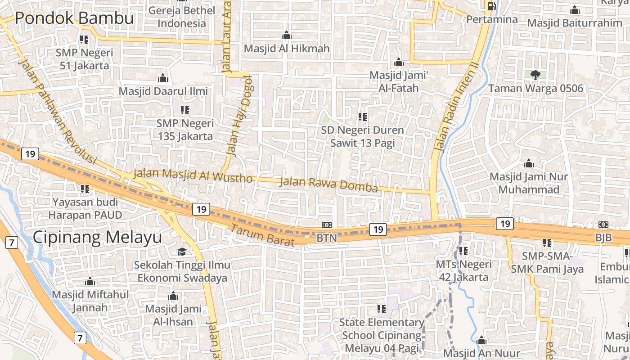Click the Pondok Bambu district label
click(75, 18)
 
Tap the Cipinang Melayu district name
click(97, 237)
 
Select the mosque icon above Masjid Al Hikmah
click(287, 36)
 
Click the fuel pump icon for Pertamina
click(491, 6)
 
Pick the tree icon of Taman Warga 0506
click(535, 75)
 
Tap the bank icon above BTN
click(327, 225)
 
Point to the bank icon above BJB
click(603, 225)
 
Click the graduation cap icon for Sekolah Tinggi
click(182, 252)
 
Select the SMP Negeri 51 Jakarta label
click(85, 59)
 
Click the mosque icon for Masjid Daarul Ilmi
click(163, 78)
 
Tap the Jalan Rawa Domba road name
click(328, 184)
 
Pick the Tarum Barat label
click(263, 235)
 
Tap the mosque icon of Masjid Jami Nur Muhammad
click(529, 163)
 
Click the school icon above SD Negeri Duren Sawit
click(362, 117)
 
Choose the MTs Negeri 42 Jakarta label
click(463, 270)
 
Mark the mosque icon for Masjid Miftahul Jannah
click(90, 282)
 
